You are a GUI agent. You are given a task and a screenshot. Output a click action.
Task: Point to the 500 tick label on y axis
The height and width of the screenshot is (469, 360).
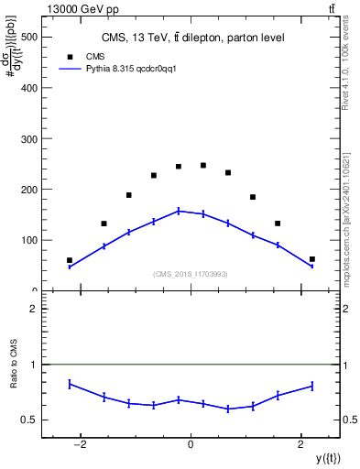tap(27, 38)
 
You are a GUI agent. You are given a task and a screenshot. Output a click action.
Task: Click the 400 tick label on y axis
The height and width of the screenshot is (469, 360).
tap(27, 88)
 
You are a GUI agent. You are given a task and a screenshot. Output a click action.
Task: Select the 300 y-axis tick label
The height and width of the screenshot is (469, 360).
tap(27, 139)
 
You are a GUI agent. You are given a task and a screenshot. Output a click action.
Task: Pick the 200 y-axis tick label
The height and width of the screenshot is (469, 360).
tap(27, 190)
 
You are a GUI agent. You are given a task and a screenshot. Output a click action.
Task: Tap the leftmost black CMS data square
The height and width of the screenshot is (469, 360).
tap(70, 260)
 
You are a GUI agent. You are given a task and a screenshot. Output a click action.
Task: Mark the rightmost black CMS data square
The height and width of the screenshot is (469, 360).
tap(312, 259)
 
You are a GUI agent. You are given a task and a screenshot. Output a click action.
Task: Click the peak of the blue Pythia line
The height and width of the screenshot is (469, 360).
tap(179, 211)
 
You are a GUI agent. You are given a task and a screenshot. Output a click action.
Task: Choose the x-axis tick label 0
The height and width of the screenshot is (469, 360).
tap(191, 444)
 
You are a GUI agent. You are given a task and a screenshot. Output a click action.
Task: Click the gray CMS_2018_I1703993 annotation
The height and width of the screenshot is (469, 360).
tap(191, 274)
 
